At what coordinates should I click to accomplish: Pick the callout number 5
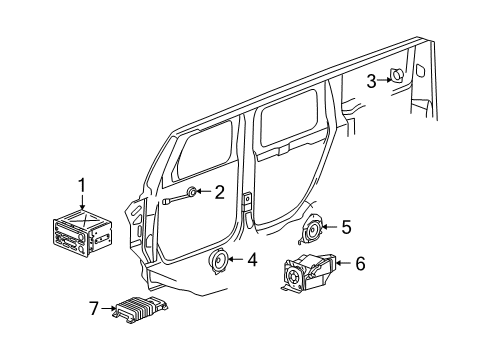point(345,227)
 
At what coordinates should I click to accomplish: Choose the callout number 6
point(360,264)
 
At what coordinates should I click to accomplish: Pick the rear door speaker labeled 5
point(314,231)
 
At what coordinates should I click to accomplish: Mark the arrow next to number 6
point(343,265)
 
